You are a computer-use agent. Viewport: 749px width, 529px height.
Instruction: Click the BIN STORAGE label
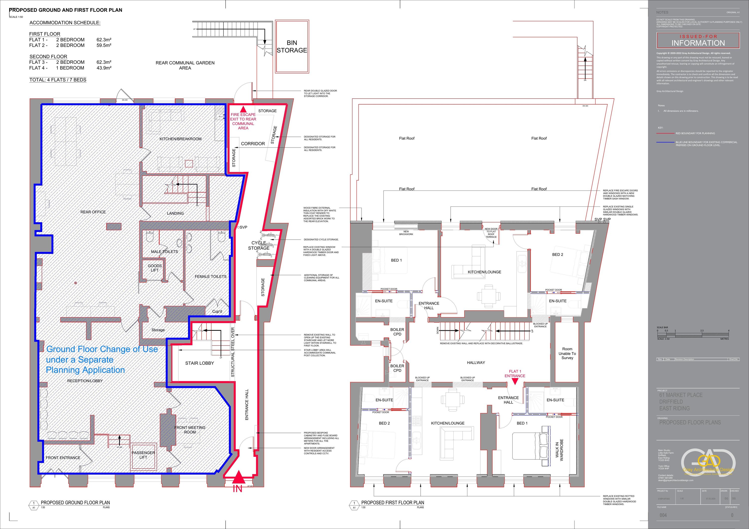[292, 47]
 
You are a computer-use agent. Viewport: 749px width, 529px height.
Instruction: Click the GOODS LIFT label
[155, 268]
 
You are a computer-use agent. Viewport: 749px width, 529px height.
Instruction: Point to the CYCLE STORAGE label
[259, 245]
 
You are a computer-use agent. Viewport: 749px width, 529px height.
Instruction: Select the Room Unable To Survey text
[567, 353]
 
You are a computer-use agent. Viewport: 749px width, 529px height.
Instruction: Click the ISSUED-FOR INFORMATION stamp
[698, 40]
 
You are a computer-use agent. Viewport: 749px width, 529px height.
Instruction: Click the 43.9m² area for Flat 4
[104, 68]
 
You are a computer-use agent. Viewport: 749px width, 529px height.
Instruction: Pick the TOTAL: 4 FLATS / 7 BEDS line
[58, 80]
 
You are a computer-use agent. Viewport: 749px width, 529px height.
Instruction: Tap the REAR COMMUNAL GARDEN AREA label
[185, 65]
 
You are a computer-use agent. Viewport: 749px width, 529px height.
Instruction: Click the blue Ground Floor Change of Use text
[102, 359]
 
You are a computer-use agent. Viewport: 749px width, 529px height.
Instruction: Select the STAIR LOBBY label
[199, 363]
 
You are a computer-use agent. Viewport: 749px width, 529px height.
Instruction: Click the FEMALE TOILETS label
[210, 276]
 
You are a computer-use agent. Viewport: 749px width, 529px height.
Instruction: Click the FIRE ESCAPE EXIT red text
[243, 121]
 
